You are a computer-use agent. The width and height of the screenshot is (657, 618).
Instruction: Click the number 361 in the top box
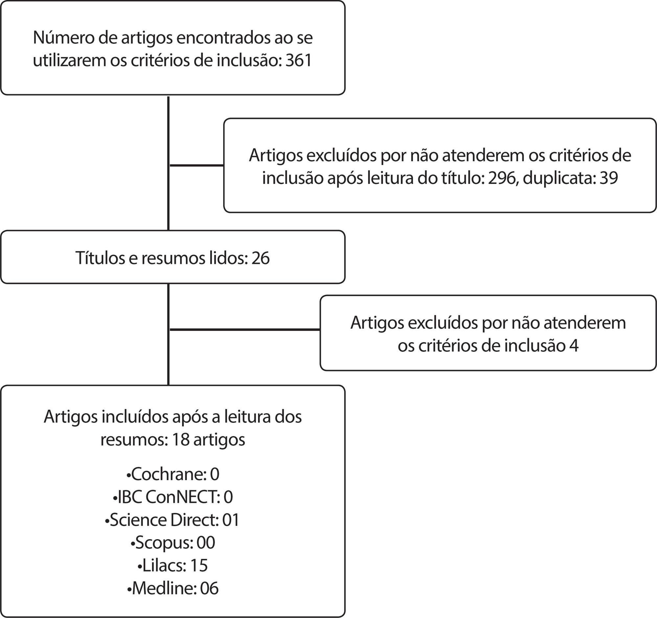pos(299,61)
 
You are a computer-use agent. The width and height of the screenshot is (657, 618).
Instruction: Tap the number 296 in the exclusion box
pos(502,178)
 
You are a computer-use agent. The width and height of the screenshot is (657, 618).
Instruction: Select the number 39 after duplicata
pos(608,178)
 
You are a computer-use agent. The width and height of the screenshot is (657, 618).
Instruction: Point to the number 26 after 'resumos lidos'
pos(261,258)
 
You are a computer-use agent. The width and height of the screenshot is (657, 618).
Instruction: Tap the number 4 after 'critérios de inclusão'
pos(574,346)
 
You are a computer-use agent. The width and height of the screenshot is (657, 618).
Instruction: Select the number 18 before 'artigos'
pos(180,439)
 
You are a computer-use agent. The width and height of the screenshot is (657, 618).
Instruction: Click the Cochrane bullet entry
pos(172,474)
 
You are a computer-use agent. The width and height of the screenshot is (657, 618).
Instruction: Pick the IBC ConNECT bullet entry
pos(172,497)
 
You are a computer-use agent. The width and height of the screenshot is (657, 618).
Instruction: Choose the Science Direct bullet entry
pos(172,520)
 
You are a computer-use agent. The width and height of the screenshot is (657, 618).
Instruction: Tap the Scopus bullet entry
pos(172,543)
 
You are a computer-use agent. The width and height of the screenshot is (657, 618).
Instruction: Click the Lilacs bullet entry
pos(172,565)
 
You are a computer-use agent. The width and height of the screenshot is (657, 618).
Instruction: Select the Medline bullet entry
pos(172,588)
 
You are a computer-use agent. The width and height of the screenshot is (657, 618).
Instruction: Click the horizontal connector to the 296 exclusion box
pos(196,165)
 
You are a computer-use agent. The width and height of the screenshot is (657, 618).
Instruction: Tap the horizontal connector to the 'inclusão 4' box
pos(244,330)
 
